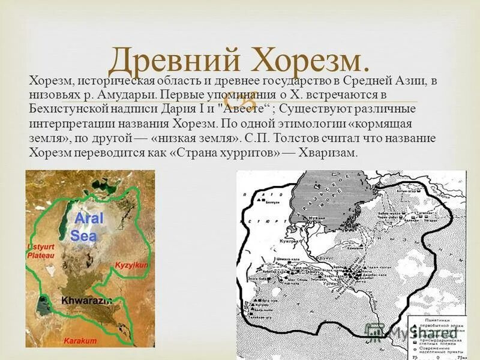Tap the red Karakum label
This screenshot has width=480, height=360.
80,340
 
